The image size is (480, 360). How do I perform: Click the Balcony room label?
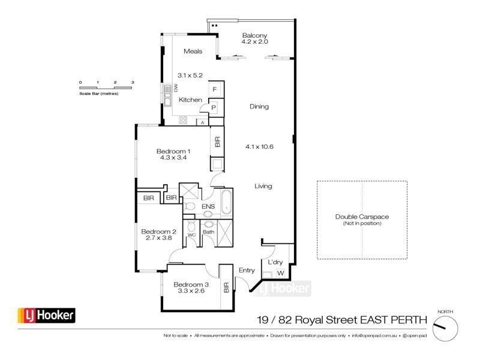click(x=254, y=35)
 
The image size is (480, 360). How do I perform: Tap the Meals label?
click(x=193, y=52)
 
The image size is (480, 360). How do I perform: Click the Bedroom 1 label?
click(x=173, y=151)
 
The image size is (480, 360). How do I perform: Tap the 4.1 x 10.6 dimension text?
click(x=260, y=146)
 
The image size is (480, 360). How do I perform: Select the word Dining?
click(x=259, y=107)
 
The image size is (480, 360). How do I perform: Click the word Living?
click(x=263, y=186)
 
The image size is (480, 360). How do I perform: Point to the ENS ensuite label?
click(x=208, y=207)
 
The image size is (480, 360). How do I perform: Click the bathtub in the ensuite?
click(x=227, y=202)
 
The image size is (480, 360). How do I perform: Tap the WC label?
click(x=192, y=235)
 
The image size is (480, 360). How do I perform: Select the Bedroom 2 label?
click(x=158, y=232)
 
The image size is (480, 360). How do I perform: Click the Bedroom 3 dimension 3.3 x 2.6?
click(x=191, y=291)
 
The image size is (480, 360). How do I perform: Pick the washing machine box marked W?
click(x=280, y=274)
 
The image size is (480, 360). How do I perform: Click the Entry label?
click(x=247, y=271)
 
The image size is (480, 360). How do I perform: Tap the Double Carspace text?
click(x=362, y=217)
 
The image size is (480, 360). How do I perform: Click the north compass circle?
click(x=445, y=328)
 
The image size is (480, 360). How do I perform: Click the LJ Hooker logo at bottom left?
click(x=46, y=315)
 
